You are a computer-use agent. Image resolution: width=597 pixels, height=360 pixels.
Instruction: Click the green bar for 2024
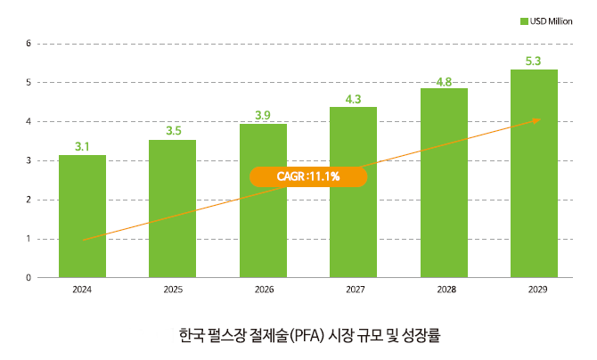[82, 216]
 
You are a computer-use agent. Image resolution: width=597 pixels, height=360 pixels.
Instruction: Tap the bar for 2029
[534, 174]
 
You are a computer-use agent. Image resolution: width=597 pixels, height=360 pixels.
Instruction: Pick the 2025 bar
[172, 209]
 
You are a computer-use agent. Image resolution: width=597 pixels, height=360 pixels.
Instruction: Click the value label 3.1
[82, 146]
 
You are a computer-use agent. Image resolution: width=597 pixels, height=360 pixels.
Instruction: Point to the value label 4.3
[353, 99]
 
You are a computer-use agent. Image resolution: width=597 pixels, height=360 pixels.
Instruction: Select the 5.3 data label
[534, 61]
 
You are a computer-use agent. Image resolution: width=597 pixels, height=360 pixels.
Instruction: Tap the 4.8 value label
[444, 82]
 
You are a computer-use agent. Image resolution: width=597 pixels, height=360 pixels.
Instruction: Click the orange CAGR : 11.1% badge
[308, 176]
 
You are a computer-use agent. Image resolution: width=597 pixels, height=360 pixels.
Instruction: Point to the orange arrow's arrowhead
[536, 119]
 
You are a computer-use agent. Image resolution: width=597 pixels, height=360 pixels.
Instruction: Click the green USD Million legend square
[523, 20]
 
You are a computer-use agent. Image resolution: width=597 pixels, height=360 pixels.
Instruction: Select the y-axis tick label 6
[29, 44]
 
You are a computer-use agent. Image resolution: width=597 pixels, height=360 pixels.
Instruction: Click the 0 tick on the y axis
[29, 278]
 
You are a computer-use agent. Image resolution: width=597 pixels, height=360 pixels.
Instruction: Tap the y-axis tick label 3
[29, 160]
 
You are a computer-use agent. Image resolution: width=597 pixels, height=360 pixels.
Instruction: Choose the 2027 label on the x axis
[354, 290]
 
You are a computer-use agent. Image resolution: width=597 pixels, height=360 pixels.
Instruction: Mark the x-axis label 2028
[444, 290]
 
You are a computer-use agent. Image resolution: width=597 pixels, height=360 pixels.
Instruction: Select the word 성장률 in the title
[421, 337]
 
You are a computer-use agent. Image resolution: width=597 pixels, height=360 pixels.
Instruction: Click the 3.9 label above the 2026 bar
[263, 116]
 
